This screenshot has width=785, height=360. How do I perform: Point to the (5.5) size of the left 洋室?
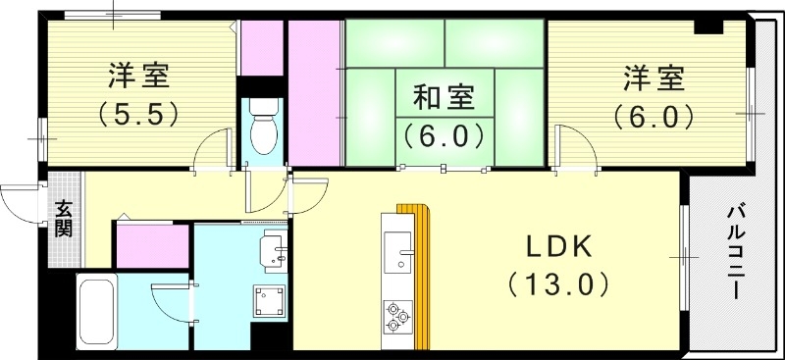pyautogui.click(x=138, y=114)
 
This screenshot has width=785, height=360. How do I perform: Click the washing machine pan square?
pyautogui.click(x=268, y=300)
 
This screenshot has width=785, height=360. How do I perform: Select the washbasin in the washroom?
pyautogui.click(x=271, y=251)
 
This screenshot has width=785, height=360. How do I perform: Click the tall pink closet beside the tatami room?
pyautogui.click(x=312, y=93)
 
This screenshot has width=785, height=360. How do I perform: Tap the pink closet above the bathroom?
pyautogui.click(x=152, y=245)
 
